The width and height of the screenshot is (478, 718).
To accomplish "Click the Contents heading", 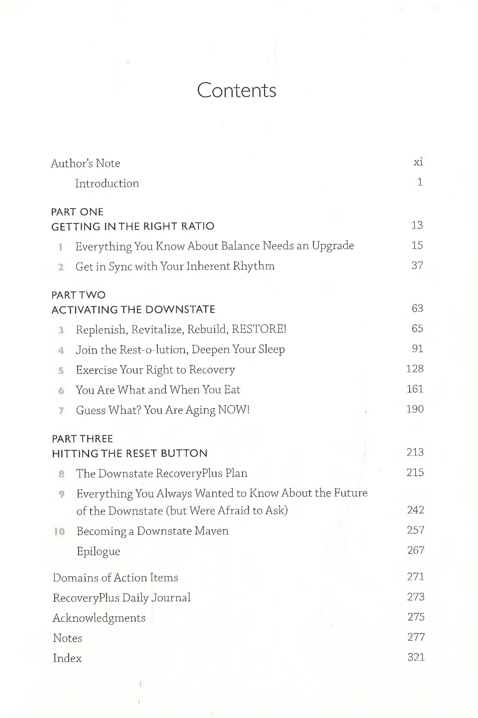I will (x=236, y=90).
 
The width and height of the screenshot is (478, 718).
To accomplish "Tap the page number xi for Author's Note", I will (x=418, y=162).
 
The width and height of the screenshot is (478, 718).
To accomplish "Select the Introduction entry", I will (x=107, y=183).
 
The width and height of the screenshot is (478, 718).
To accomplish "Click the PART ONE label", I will (x=77, y=212).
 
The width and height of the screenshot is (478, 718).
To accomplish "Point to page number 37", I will (x=417, y=265).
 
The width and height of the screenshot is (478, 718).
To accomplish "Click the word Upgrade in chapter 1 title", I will (x=333, y=245).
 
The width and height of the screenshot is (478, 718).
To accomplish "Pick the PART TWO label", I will (x=78, y=295).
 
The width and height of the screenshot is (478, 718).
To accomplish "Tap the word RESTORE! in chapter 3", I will (x=259, y=329).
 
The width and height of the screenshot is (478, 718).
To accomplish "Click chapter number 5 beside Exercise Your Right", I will (x=61, y=370).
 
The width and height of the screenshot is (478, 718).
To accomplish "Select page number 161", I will (x=415, y=389).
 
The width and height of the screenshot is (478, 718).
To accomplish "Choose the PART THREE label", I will (x=82, y=439).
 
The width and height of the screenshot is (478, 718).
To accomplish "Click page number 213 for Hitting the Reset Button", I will (x=415, y=452).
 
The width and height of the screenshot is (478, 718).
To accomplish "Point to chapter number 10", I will (x=59, y=531).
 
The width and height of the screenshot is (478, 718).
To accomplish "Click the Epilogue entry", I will (x=98, y=551).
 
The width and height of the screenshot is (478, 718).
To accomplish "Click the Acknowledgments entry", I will (x=99, y=618).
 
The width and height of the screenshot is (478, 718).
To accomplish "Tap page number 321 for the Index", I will (x=416, y=657).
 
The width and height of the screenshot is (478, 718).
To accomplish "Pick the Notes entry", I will (x=68, y=638).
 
